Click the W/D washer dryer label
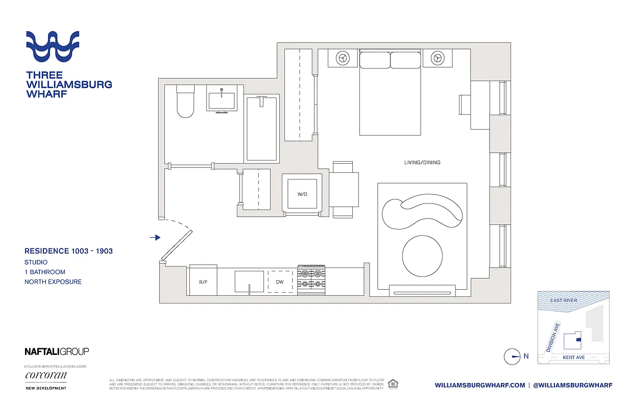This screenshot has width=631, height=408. point(302,194)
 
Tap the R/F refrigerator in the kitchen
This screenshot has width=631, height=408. point(203,281)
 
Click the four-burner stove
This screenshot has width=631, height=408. point(311,280)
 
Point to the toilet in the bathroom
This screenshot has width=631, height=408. point(184,101)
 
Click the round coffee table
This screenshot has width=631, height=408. point(423,256)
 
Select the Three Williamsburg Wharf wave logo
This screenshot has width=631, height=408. point(53,46)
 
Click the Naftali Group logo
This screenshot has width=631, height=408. point(57,351)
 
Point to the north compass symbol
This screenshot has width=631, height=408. point(512,356)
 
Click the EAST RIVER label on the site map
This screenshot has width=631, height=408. point(564,300)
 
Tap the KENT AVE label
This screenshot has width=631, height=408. point(573,358)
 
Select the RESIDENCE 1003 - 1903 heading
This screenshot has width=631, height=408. point(68,251)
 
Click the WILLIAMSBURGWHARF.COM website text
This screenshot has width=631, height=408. point(479,385)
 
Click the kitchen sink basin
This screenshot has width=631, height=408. point(249,281)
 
